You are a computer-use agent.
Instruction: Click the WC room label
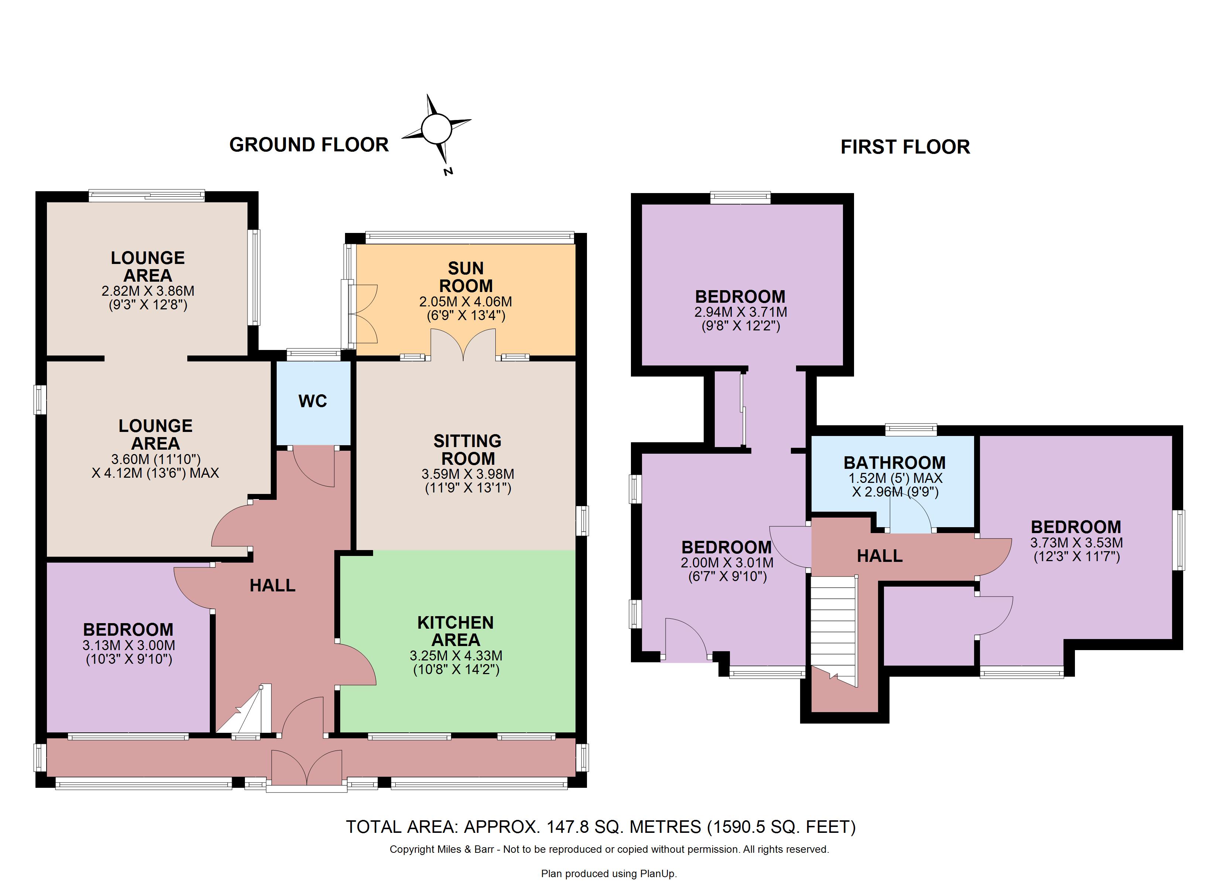pyautogui.click(x=313, y=401)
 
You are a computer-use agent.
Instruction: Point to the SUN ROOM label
pyautogui.click(x=466, y=277)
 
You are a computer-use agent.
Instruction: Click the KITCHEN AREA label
pyautogui.click(x=456, y=631)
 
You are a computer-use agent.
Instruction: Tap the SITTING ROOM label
pyautogui.click(x=468, y=450)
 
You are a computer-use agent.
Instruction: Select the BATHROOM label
pyautogui.click(x=895, y=463)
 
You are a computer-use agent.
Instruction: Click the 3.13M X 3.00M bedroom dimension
pyautogui.click(x=129, y=645)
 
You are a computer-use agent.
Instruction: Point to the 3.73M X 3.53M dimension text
pyautogui.click(x=1076, y=543)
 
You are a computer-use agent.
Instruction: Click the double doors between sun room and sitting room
pyautogui.click(x=463, y=345)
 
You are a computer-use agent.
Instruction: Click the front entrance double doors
pyautogui.click(x=306, y=768)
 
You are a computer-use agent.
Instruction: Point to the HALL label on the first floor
pyautogui.click(x=880, y=556)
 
